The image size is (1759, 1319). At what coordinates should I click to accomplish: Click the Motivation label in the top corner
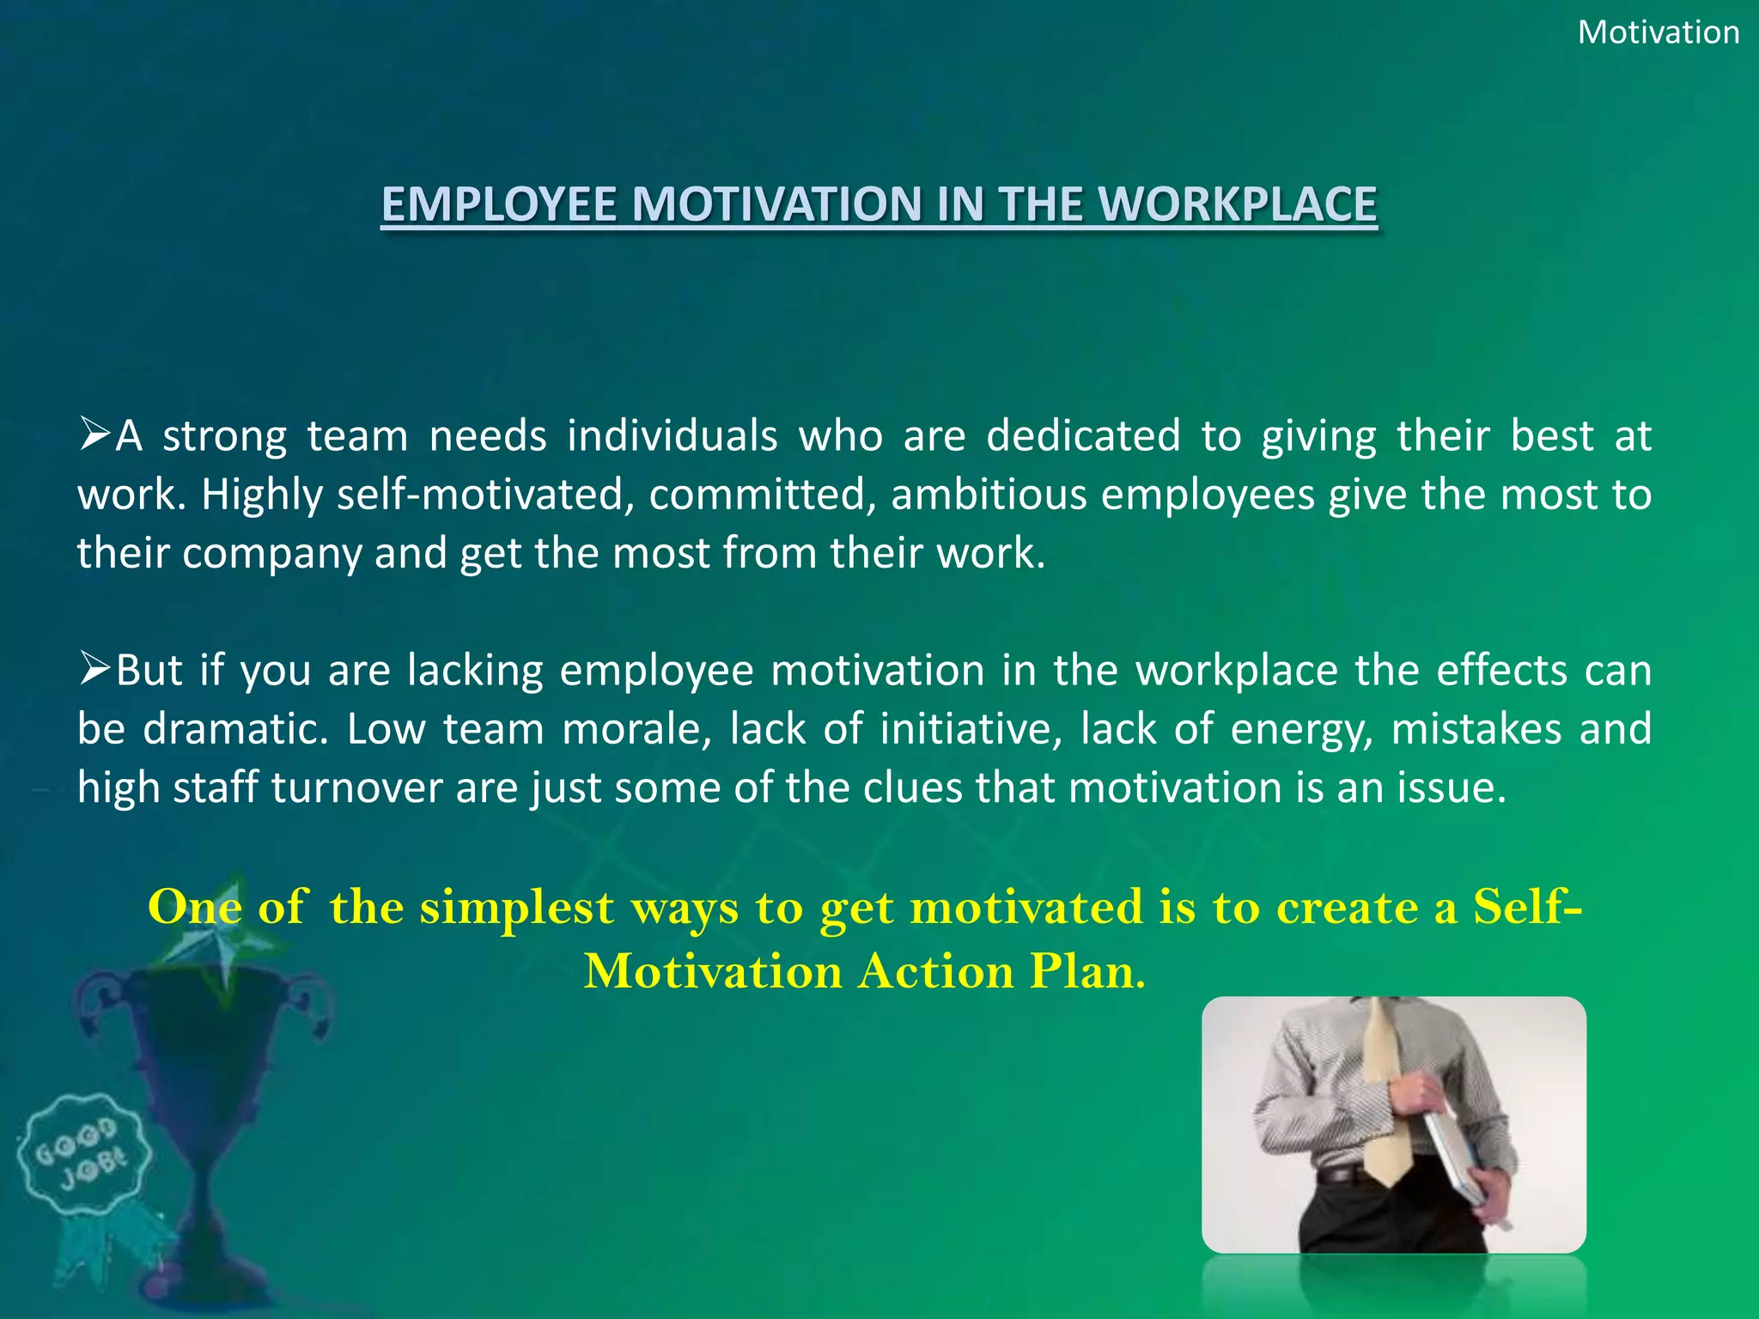click(1659, 33)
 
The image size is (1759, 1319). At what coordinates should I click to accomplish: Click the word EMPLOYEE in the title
click(499, 205)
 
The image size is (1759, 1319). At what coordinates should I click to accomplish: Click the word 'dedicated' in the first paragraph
click(1083, 435)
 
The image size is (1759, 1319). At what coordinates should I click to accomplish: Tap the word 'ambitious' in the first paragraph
click(989, 495)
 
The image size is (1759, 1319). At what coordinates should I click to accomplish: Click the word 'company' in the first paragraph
click(271, 553)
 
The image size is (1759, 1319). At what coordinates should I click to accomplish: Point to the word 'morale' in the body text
click(635, 729)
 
